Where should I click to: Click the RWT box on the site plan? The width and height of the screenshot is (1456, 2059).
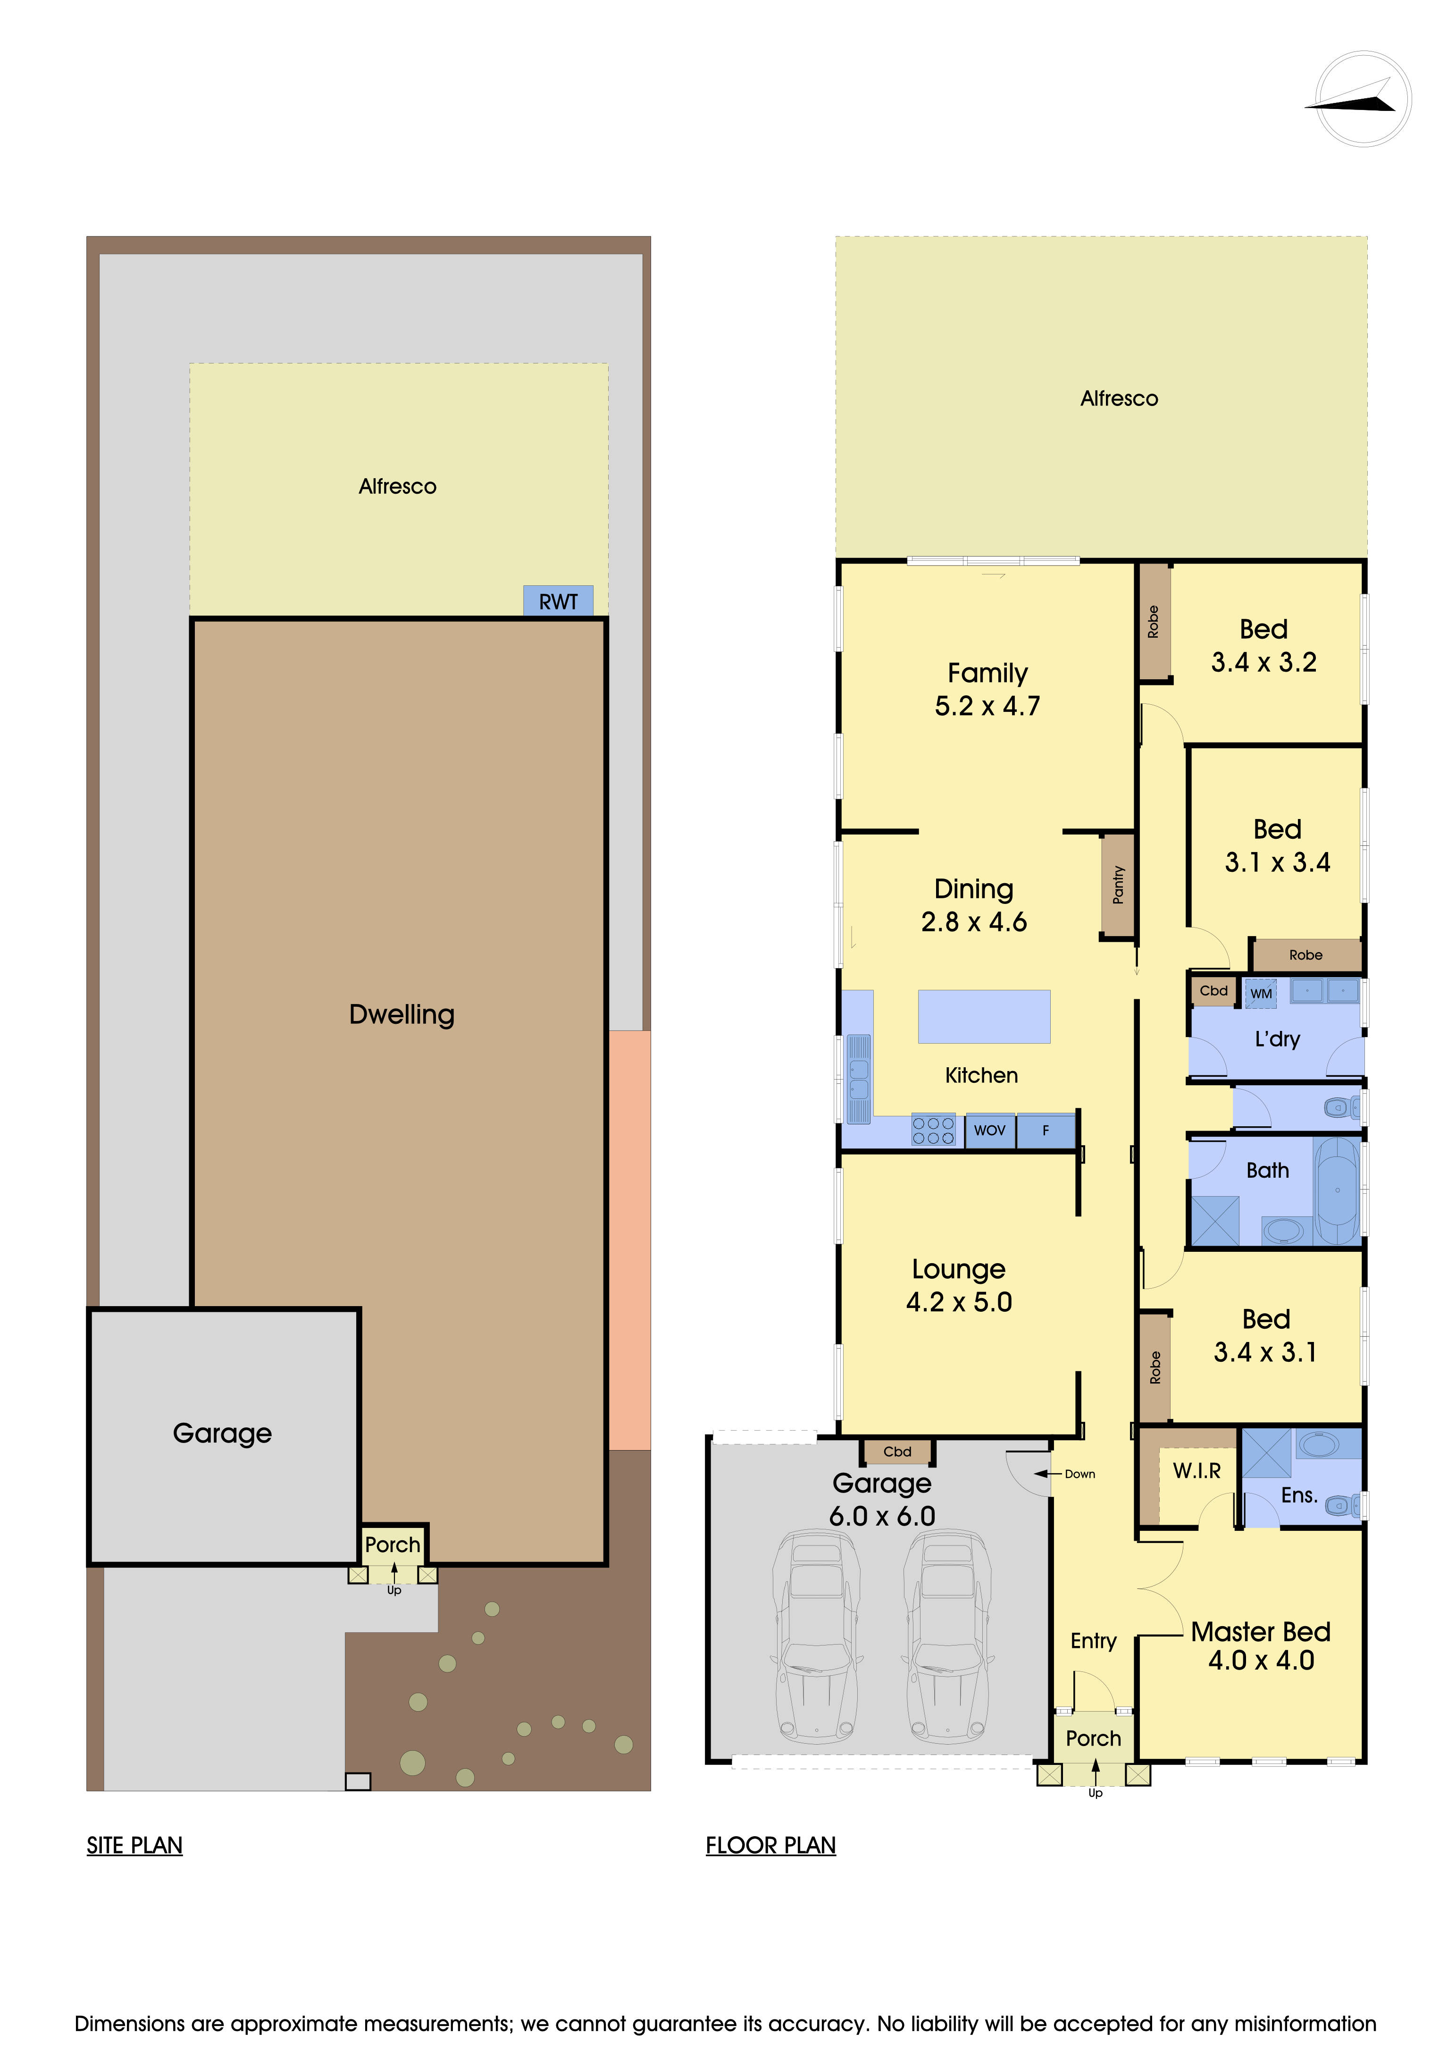[558, 601]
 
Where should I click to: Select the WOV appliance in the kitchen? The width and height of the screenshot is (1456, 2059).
[990, 1131]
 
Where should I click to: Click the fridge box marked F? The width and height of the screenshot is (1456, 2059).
[1046, 1131]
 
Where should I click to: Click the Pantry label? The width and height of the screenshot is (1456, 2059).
[1118, 884]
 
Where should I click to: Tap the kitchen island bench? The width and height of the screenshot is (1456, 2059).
[984, 1016]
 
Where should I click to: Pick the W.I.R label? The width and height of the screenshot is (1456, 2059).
[1197, 1471]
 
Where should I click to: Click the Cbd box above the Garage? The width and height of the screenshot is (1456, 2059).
[897, 1451]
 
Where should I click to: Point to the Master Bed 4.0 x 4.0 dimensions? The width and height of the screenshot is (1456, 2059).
[1261, 1660]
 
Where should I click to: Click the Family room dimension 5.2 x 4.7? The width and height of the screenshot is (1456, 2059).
[987, 706]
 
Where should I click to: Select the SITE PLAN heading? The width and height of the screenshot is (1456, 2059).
[134, 1846]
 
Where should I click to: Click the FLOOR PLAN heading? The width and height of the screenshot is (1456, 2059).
[771, 1846]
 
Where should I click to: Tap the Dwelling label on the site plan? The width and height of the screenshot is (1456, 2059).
[402, 1014]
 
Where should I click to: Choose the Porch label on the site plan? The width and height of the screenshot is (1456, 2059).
[393, 1544]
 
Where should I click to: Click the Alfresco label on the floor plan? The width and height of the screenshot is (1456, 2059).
[1119, 398]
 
